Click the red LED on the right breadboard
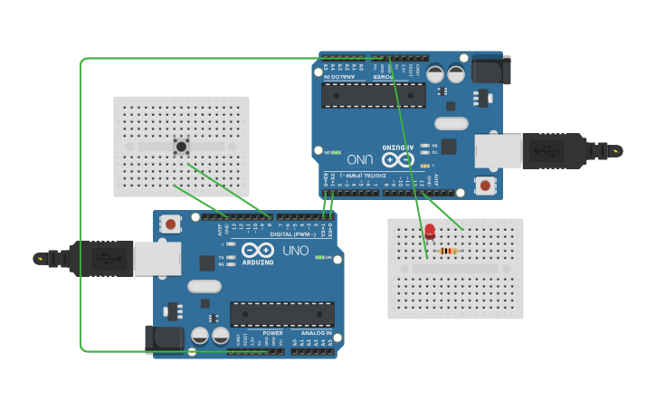tap(430, 232)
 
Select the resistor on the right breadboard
tap(448, 251)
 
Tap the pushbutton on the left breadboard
tap(181, 146)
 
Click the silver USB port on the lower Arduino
tap(157, 258)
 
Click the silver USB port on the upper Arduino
tap(499, 150)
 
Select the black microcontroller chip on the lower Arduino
tap(281, 314)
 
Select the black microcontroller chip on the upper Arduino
tap(373, 95)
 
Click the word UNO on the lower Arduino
tap(295, 251)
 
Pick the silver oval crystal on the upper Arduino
tap(451, 123)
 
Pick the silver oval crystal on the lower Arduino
tap(204, 286)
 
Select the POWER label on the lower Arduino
tap(272, 333)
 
